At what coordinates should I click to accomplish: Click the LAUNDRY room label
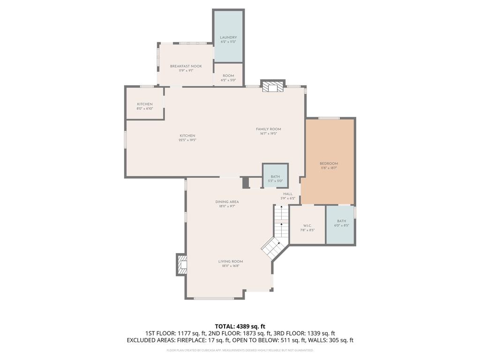[x=228, y=37]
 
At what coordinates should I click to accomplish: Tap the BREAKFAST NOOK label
[x=186, y=67]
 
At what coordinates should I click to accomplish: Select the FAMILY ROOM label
[x=268, y=129]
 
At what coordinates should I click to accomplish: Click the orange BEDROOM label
[x=329, y=164]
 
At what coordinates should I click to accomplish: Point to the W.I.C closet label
[x=307, y=225]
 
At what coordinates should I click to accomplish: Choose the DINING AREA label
[x=227, y=202]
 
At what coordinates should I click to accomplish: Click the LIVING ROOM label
[x=230, y=262]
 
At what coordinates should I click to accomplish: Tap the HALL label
[x=287, y=194]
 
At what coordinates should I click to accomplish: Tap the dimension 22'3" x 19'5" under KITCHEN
[x=187, y=140]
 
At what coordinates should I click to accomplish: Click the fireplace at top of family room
[x=272, y=87]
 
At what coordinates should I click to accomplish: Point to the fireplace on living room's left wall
[x=181, y=266]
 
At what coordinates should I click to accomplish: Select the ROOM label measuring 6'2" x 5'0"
[x=228, y=76]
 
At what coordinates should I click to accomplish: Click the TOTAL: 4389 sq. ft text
[x=240, y=326]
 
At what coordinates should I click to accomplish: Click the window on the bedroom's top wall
[x=329, y=118]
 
